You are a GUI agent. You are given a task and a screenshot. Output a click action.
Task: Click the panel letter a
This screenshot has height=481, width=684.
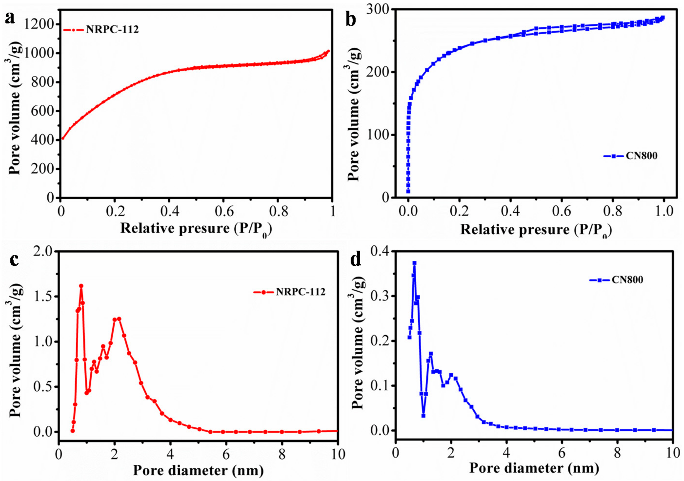pos(10,19)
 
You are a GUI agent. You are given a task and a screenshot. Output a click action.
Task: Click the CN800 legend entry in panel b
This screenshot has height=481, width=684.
pos(641,156)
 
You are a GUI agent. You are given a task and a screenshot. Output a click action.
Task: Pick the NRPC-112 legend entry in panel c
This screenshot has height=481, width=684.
pos(300,292)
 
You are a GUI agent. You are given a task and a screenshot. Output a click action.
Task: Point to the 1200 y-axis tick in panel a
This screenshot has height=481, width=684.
pos(39,24)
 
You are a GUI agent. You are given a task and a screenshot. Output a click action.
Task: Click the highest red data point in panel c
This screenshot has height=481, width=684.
pos(81,286)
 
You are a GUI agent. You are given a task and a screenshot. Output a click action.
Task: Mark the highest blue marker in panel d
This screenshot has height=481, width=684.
pos(414,263)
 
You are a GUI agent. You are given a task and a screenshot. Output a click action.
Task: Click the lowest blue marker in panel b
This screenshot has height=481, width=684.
pos(408,191)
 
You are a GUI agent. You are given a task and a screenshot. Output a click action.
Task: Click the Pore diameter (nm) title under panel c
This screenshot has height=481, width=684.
pos(198,470)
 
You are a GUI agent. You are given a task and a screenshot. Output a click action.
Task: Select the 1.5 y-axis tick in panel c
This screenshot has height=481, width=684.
pos(43,297)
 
